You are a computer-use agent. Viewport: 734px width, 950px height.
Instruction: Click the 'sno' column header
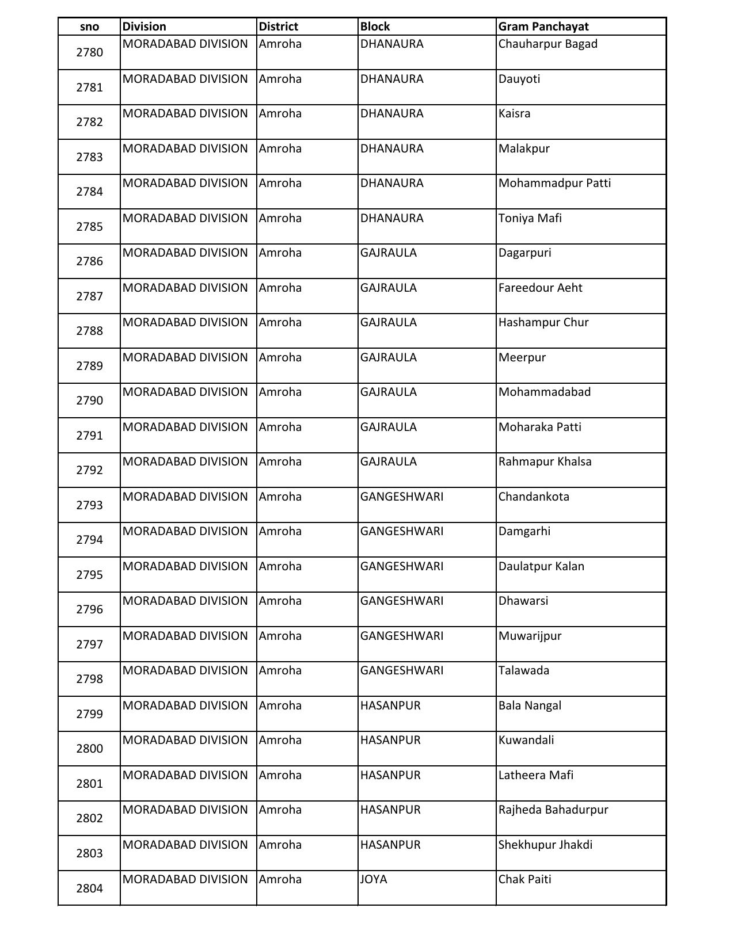pyautogui.click(x=89, y=26)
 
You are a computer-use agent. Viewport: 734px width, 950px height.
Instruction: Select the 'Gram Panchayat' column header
pyautogui.click(x=543, y=26)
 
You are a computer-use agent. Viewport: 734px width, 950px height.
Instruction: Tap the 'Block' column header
pyautogui.click(x=375, y=26)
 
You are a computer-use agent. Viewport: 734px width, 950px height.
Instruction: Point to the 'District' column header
pyautogui.click(x=278, y=26)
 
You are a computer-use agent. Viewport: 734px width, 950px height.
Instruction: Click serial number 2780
pyautogui.click(x=89, y=52)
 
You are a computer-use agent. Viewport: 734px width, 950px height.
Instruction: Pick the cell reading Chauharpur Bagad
pyautogui.click(x=547, y=44)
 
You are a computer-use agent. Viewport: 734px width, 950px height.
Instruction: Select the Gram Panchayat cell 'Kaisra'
pyautogui.click(x=514, y=114)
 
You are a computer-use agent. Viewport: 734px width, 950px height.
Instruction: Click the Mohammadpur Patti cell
pyautogui.click(x=554, y=184)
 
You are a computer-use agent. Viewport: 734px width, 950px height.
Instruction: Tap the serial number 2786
pyautogui.click(x=89, y=261)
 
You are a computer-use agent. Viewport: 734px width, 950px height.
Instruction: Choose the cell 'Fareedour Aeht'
pyautogui.click(x=540, y=288)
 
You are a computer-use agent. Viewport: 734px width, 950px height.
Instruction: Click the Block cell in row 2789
pyautogui.click(x=388, y=357)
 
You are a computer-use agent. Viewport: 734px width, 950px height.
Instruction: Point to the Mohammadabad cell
pyautogui.click(x=544, y=392)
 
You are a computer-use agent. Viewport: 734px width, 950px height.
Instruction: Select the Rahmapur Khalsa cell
pyautogui.click(x=545, y=462)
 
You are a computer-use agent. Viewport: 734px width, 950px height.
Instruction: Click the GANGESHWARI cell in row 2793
pyautogui.click(x=401, y=497)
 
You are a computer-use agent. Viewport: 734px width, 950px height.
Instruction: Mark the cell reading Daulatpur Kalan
pyautogui.click(x=541, y=566)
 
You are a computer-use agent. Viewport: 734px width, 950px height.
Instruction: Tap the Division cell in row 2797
pyautogui.click(x=185, y=636)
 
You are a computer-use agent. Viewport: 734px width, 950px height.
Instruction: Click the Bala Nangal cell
pyautogui.click(x=530, y=705)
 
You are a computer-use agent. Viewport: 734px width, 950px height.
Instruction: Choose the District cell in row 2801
pyautogui.click(x=280, y=775)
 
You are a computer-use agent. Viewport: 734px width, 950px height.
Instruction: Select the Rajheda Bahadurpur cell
pyautogui.click(x=553, y=810)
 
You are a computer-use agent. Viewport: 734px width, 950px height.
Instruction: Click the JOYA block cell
pyautogui.click(x=374, y=879)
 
